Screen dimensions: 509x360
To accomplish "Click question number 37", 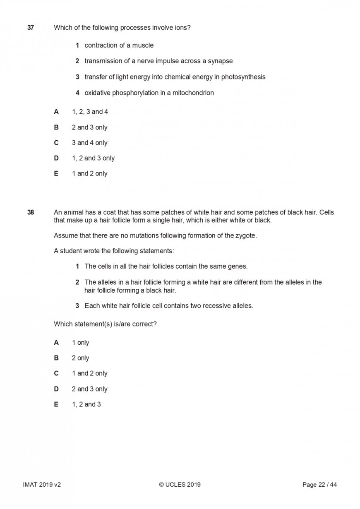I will click(x=31, y=28).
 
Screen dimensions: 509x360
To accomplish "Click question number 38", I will click(x=31, y=212).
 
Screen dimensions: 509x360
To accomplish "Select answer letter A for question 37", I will click(x=56, y=112).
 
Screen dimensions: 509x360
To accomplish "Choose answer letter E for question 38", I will click(x=56, y=404).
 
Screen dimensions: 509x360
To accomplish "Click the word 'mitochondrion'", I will click(x=191, y=93).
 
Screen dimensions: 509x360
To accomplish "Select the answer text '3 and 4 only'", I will click(x=89, y=143).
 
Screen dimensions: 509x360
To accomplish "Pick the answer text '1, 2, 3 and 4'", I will click(x=90, y=112).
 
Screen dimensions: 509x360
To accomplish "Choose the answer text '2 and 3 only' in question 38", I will click(x=89, y=389).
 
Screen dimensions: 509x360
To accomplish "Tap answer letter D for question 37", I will click(x=56, y=158).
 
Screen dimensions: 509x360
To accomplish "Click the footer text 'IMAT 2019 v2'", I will click(x=42, y=485).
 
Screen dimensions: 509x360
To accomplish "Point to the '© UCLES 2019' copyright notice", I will click(x=180, y=485).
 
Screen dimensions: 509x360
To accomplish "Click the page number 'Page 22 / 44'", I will click(x=319, y=485).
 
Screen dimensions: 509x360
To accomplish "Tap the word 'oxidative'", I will click(x=98, y=93).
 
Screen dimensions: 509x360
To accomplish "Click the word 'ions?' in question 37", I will click(x=182, y=28).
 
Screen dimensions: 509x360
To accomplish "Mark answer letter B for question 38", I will click(x=56, y=358).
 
